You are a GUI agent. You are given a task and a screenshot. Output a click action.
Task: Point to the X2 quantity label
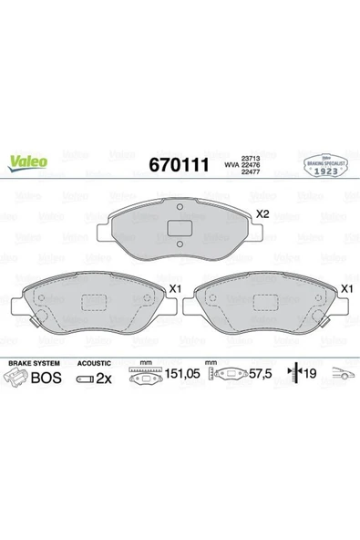pyautogui.click(x=263, y=214)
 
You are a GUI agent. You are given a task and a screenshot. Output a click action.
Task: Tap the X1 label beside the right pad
pyautogui.click(x=345, y=288)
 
